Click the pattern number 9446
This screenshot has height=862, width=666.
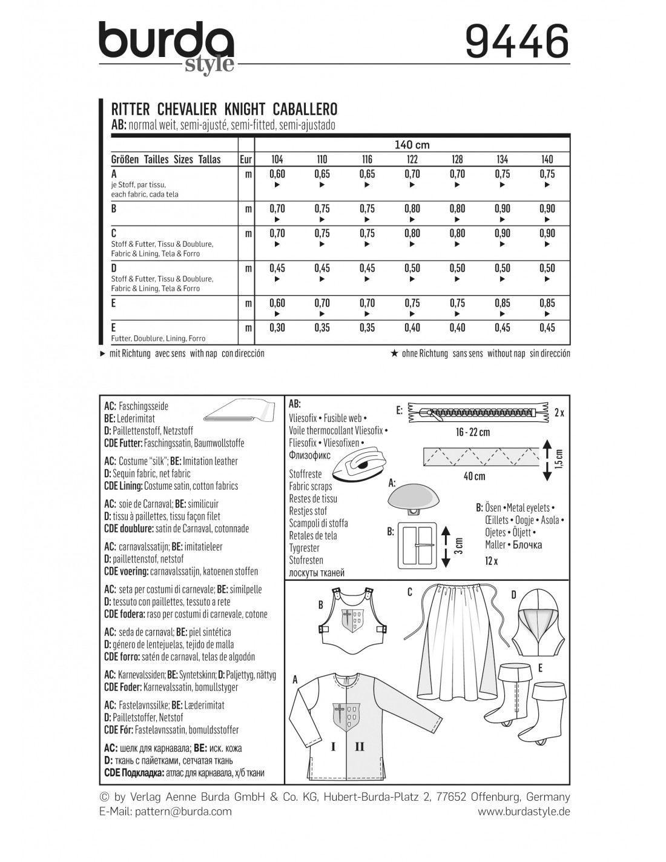517,42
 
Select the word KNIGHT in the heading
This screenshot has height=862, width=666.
245,109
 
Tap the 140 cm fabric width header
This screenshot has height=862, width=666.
412,145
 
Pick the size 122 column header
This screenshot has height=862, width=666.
412,159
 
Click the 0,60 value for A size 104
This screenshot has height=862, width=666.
277,174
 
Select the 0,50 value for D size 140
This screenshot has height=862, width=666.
547,269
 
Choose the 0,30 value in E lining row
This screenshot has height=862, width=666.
277,328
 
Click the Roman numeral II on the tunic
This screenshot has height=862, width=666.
359,747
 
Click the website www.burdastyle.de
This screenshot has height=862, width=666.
524,811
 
